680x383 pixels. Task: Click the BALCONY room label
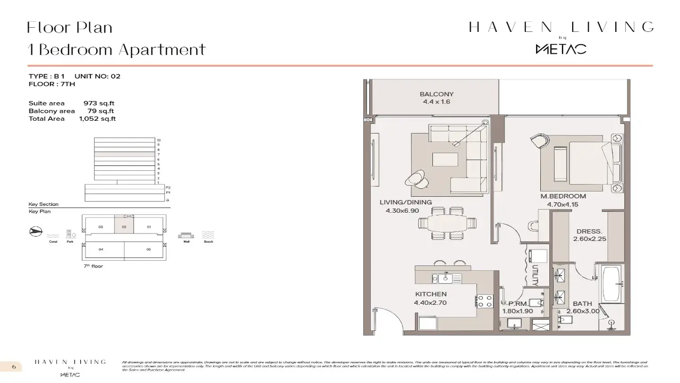coord(437,94)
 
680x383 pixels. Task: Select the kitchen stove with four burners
coord(484,301)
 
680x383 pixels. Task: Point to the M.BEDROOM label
coord(563,196)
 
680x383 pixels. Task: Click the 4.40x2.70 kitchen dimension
coord(430,303)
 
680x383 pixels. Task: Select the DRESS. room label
coord(589,231)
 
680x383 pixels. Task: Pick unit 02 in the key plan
coord(124,227)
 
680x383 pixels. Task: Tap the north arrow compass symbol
coord(36,232)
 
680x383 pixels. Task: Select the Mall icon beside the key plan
coord(186,235)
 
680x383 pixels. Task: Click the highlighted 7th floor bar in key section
coord(125,154)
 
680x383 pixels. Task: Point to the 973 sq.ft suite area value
coord(99,103)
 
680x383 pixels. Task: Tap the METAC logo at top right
coord(560,49)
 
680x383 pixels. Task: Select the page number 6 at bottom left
coord(14,367)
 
